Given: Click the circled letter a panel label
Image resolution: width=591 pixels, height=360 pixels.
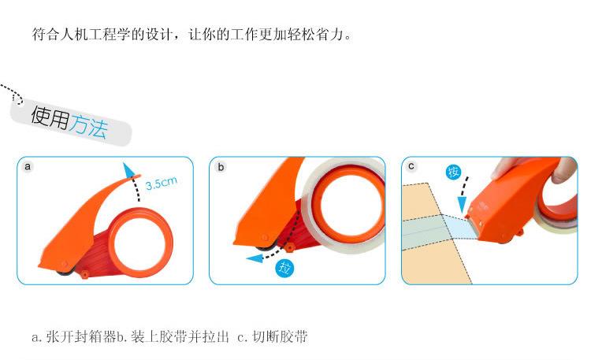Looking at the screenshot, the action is click(28, 167).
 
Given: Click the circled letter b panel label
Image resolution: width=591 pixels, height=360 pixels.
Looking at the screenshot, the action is click(221, 167).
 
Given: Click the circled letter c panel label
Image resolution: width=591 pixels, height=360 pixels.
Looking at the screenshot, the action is click(412, 167).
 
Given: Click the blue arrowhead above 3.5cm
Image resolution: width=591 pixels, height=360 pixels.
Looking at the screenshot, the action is click(128, 168).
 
